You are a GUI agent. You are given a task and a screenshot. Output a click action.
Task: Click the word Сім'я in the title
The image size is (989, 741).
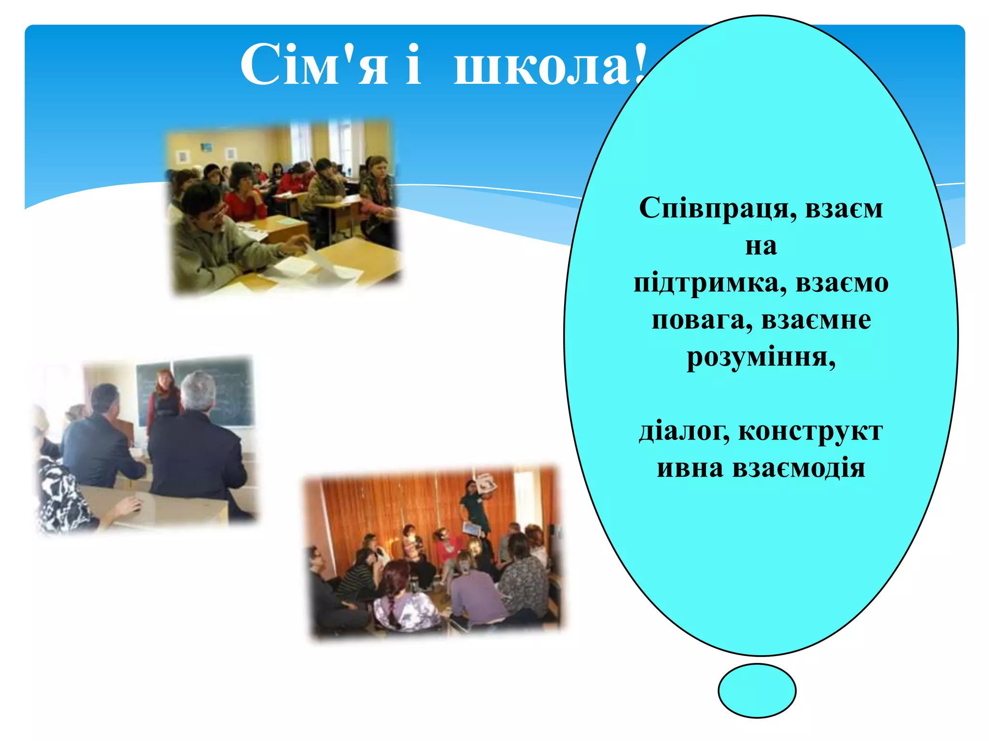pos(314,65)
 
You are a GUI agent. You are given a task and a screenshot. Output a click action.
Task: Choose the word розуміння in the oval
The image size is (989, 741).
pos(761,357)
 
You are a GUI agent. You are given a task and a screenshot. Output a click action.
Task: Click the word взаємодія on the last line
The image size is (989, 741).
pos(799,468)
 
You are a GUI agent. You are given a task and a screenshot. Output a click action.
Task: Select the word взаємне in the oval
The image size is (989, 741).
pos(816,320)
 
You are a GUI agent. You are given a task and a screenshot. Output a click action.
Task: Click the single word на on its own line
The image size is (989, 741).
pos(761,246)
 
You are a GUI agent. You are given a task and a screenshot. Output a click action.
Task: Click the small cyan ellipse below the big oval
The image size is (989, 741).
pos(757,690)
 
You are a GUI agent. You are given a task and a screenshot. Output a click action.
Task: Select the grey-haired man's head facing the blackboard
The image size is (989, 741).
pos(198,391)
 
